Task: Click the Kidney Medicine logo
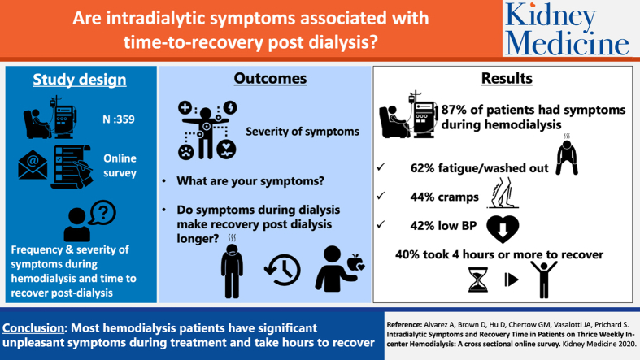568,29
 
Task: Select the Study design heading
80,80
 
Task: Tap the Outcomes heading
270,78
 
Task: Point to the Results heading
507,78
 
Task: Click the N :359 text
119,119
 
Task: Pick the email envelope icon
33,165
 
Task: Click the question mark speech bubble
102,212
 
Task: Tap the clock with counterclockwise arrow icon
282,270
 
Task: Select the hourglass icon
477,280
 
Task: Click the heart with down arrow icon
503,229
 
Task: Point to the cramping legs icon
503,193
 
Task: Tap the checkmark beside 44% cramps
381,196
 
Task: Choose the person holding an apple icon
340,269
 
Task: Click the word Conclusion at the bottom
33,328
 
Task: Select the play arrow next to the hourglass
512,280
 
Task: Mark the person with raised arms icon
544,280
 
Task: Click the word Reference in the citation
404,325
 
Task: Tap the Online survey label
120,166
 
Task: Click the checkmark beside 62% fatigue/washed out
381,167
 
